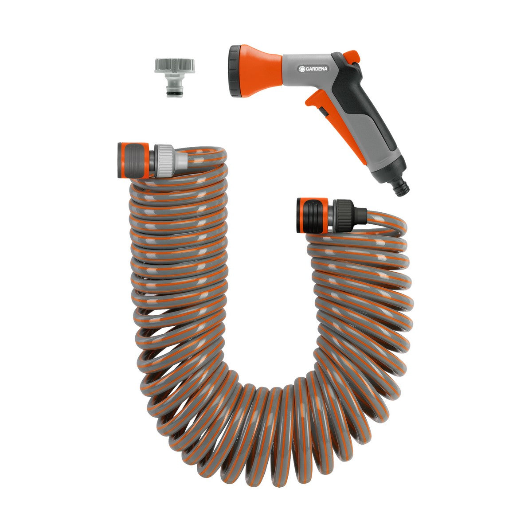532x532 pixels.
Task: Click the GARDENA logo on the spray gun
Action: point(313,69)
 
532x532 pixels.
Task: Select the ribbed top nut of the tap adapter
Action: point(169,66)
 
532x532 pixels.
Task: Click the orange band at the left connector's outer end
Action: point(121,160)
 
